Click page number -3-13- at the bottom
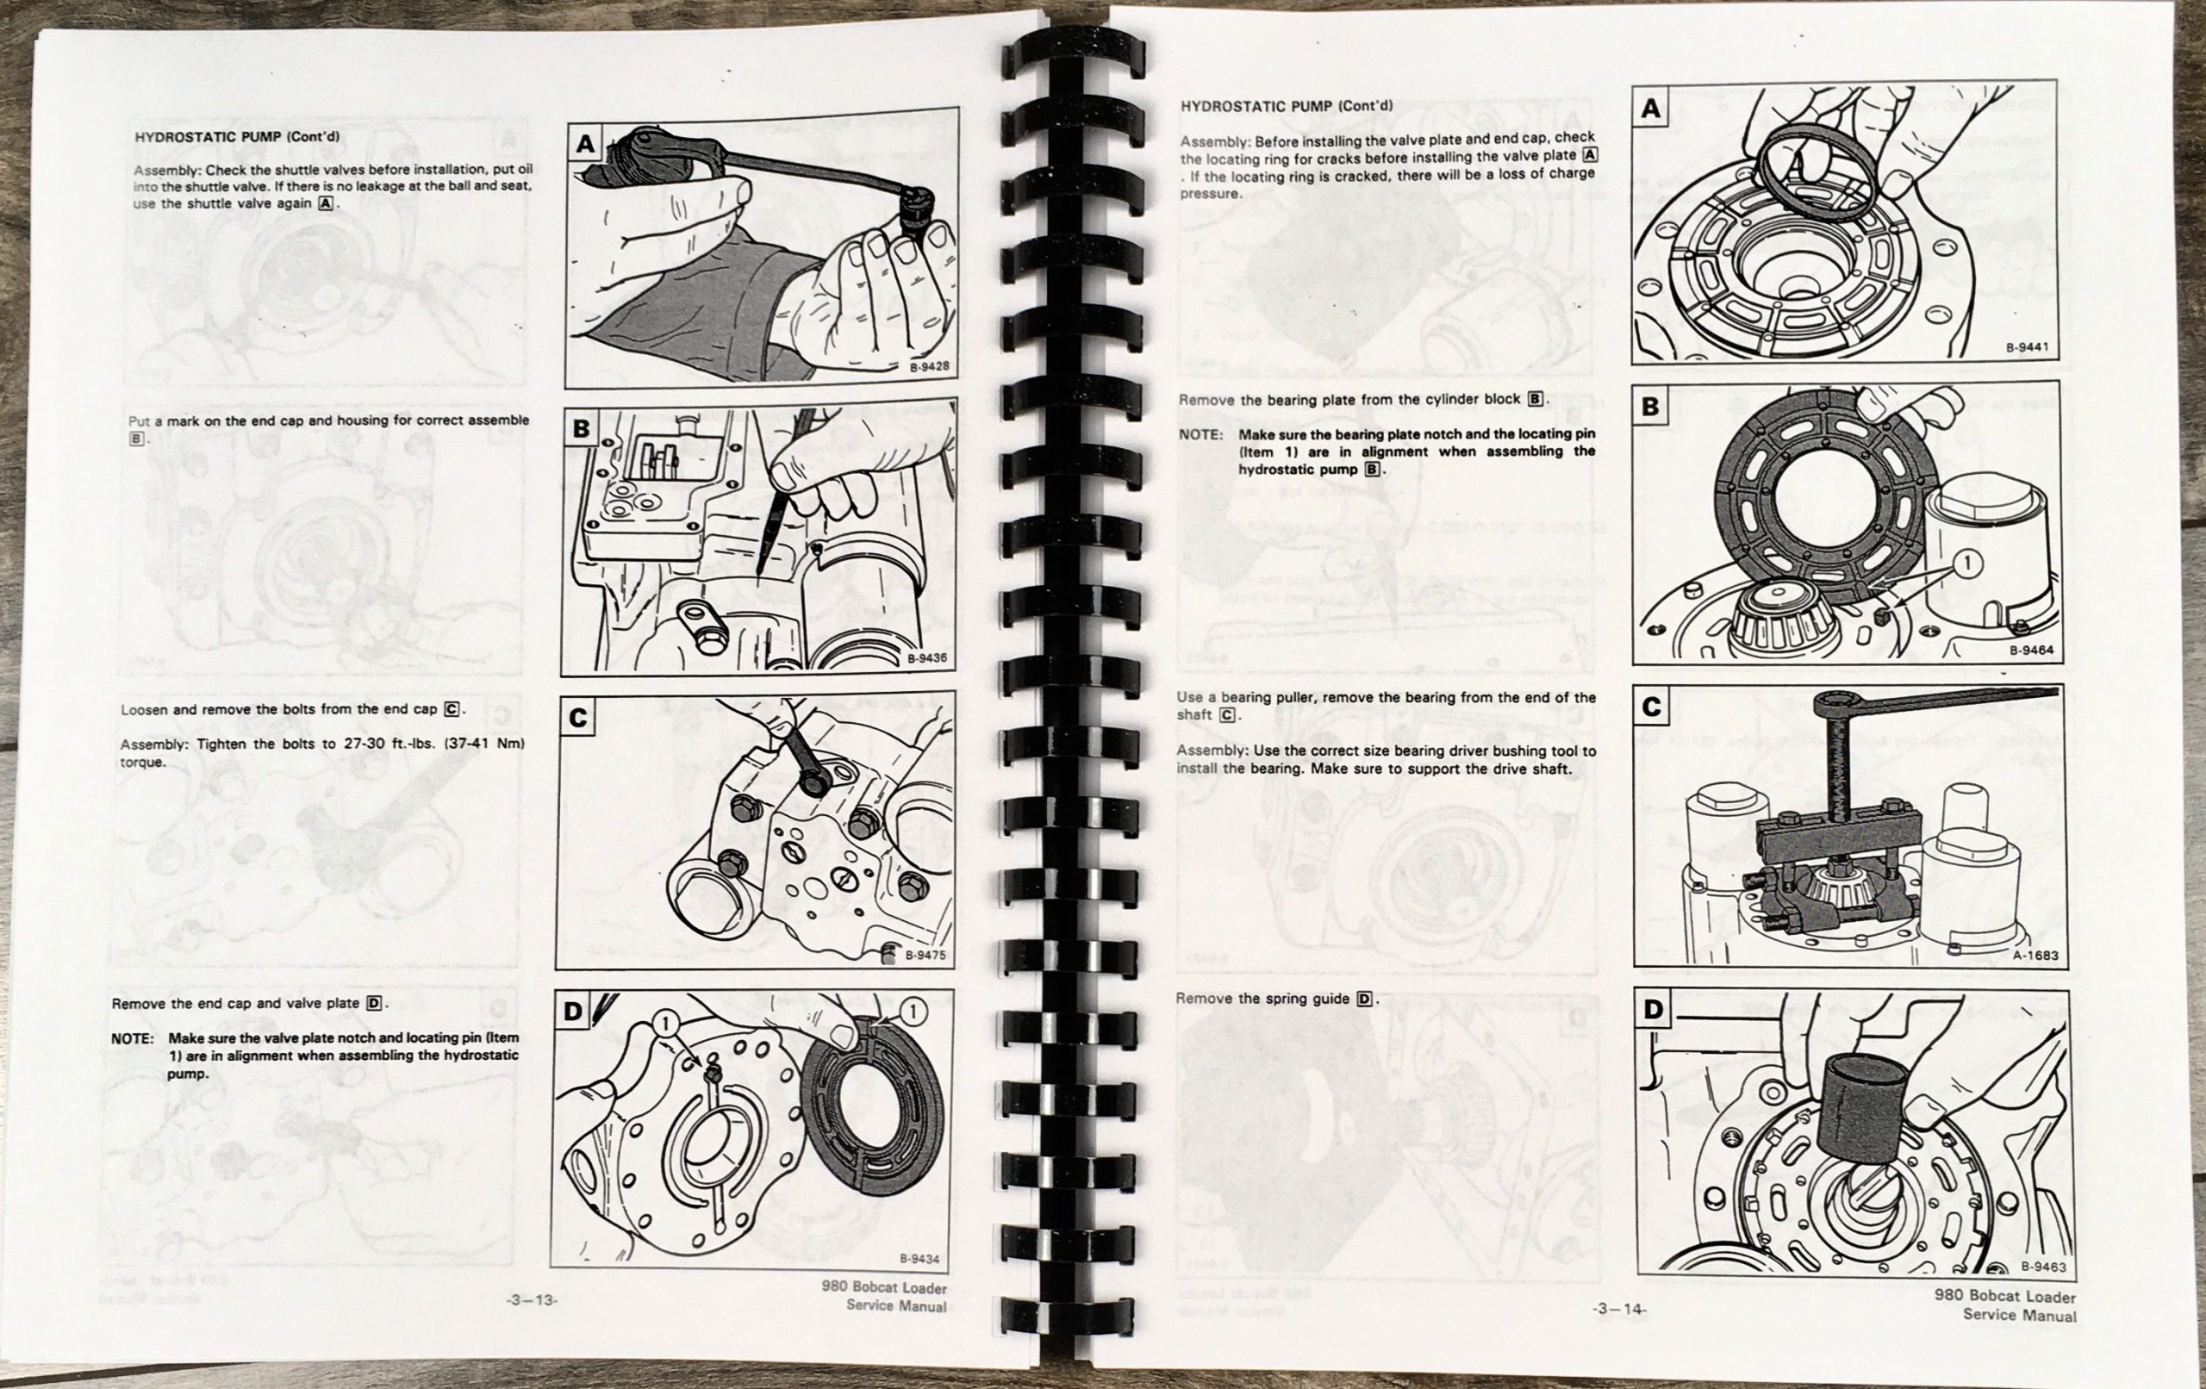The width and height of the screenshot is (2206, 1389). point(532,1299)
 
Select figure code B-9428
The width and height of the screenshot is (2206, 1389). point(929,367)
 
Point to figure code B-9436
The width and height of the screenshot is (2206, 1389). point(927,657)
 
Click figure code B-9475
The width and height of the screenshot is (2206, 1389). point(925,955)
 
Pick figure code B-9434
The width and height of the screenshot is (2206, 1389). point(919,1259)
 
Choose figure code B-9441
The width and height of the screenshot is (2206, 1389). point(2027,348)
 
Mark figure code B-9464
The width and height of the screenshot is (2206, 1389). point(2031,651)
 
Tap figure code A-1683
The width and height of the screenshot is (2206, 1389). point(2035,955)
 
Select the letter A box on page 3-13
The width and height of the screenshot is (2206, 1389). point(585,144)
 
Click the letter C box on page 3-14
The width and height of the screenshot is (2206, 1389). point(1652,707)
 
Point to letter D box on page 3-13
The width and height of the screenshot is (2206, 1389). point(572,1011)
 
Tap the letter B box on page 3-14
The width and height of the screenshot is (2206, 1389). point(1651,405)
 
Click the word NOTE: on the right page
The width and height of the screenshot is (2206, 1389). point(1200,434)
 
